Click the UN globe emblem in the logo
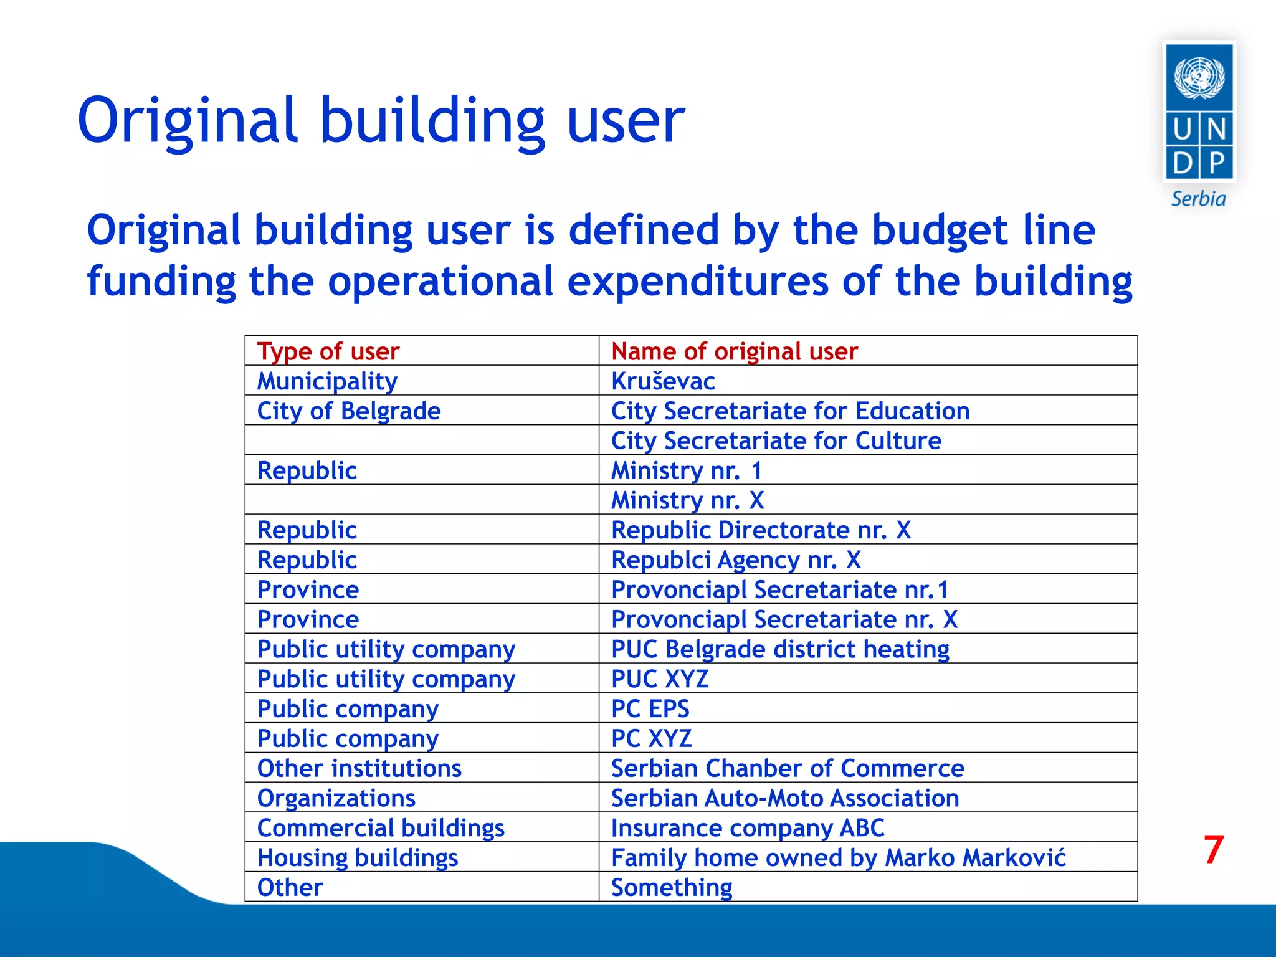[x=1199, y=77]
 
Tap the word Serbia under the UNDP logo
[x=1198, y=199]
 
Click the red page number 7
[x=1213, y=849]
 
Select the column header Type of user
[x=328, y=351]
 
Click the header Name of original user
[x=734, y=351]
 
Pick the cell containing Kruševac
[x=663, y=381]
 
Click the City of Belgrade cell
[x=349, y=411]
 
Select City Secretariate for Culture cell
[x=776, y=440]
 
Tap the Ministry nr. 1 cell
[x=686, y=470]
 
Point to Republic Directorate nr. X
[x=761, y=530]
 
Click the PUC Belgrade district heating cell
[x=780, y=649]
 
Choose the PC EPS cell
[x=650, y=708]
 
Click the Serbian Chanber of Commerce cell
[x=787, y=768]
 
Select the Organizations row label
[x=336, y=798]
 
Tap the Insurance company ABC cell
[x=747, y=828]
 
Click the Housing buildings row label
[x=358, y=858]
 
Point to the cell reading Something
[x=671, y=887]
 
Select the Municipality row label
[x=327, y=381]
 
